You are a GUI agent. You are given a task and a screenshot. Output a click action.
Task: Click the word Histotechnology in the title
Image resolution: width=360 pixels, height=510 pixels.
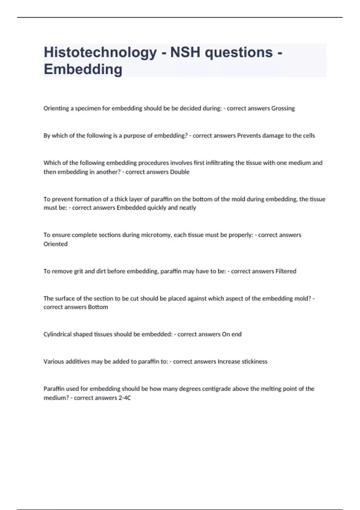pyautogui.click(x=100, y=52)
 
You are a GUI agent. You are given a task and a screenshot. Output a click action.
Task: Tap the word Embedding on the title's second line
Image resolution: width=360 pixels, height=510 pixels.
pyautogui.click(x=83, y=69)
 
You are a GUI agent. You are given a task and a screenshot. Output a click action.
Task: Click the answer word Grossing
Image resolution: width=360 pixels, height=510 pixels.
pyautogui.click(x=283, y=108)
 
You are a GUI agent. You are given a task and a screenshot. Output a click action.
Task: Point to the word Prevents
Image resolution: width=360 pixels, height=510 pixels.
pyautogui.click(x=249, y=136)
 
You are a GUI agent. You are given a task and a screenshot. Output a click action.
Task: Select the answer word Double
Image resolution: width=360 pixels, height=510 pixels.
pyautogui.click(x=180, y=172)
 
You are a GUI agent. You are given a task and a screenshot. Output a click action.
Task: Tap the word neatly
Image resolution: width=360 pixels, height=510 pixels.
pyautogui.click(x=187, y=208)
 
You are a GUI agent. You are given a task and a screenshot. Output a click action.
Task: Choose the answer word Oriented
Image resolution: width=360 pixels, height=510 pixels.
pyautogui.click(x=55, y=244)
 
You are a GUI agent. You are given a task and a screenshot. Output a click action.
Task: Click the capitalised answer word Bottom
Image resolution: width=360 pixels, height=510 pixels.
pyautogui.click(x=98, y=307)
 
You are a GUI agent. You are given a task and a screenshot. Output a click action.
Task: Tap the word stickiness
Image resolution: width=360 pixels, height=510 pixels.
pyautogui.click(x=254, y=361)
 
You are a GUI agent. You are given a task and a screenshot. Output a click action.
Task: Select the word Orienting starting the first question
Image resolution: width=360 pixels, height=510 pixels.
pyautogui.click(x=56, y=108)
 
